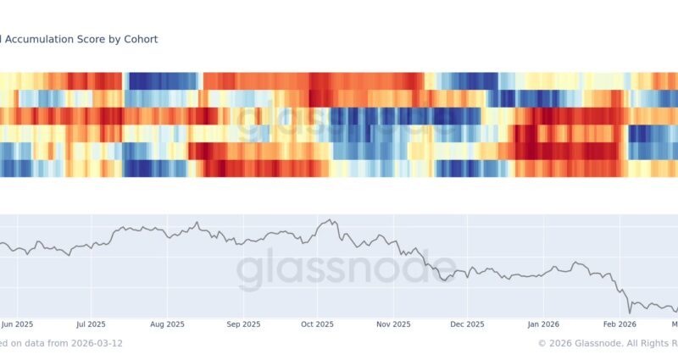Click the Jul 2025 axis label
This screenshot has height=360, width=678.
coord(91,324)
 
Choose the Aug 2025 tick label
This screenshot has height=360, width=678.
coord(168,324)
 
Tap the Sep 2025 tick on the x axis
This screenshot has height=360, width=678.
coord(243,324)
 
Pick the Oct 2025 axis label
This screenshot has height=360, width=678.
coord(318,324)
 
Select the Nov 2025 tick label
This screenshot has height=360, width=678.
coord(393,324)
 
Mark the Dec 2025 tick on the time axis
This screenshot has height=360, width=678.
coord(467,324)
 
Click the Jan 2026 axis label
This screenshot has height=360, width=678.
coord(543,324)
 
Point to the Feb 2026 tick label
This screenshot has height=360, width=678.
coord(620,324)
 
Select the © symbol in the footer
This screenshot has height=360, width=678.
coord(542,343)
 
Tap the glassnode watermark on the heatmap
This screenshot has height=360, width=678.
coord(339,124)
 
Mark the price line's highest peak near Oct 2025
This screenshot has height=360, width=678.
coord(326,220)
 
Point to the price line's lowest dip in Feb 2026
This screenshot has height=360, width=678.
coord(630,313)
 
